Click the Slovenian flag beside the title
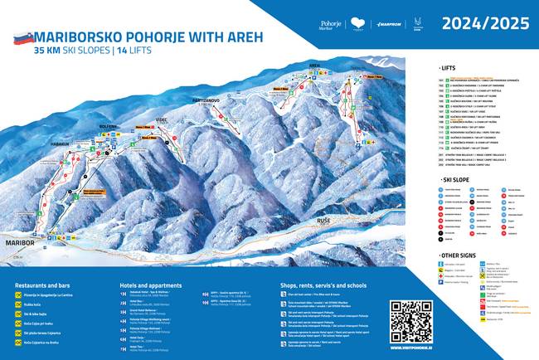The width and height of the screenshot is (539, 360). pyautogui.click(x=22, y=37)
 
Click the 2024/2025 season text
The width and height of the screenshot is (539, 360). pyautogui.click(x=487, y=24)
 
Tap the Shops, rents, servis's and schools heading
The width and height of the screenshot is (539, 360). pyautogui.click(x=336, y=283)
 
